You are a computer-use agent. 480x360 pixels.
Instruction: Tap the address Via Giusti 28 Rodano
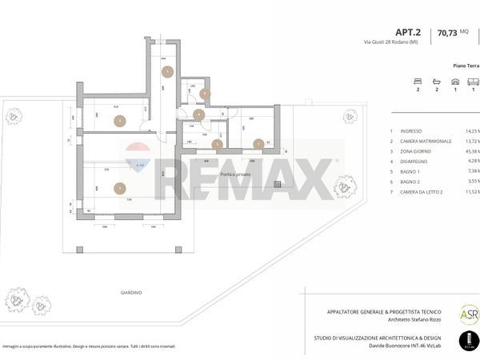pyautogui.click(x=390, y=42)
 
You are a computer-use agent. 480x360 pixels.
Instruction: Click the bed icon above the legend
pyautogui.click(x=416, y=82)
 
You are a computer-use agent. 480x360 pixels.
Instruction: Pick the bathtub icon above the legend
pyautogui.click(x=436, y=82)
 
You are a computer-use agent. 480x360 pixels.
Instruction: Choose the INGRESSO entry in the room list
pyautogui.click(x=414, y=130)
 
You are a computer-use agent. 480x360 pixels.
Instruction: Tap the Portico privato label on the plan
pyautogui.click(x=238, y=174)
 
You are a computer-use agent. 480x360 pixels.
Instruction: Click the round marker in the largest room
pyautogui.click(x=119, y=189)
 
